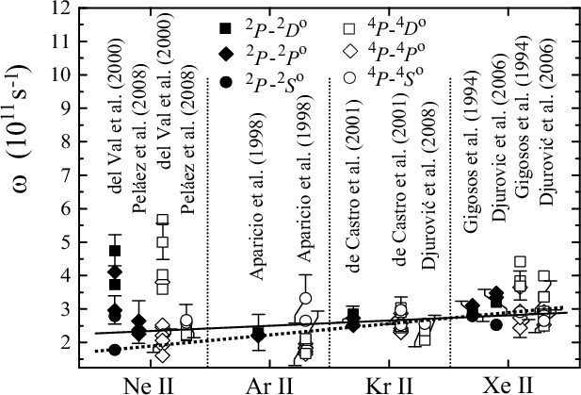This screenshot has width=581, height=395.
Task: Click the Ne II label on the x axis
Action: point(148,386)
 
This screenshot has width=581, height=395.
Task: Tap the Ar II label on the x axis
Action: point(269,386)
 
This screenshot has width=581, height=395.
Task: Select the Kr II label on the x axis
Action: point(389,386)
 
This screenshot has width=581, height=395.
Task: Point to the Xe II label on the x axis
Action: point(508,386)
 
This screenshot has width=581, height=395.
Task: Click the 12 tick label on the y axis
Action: point(62,8)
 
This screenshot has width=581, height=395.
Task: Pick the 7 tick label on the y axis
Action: point(68,175)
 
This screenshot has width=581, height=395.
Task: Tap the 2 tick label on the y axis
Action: point(68,342)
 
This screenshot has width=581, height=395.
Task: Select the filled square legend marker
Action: point(225,28)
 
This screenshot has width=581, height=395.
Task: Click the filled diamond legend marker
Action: point(225,55)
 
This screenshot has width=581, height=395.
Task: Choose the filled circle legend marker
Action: point(225,82)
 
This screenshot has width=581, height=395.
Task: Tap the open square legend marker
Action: point(349,28)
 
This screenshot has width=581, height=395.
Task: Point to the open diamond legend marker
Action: point(349,53)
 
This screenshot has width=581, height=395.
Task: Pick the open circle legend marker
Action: point(349,78)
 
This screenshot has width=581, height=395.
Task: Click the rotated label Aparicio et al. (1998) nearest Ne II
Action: point(257,200)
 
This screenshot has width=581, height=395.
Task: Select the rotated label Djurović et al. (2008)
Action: point(428,189)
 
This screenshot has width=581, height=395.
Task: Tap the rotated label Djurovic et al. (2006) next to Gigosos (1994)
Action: point(500,140)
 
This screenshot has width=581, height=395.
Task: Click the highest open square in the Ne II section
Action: point(162,219)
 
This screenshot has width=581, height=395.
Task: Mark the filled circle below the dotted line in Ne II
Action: point(115,350)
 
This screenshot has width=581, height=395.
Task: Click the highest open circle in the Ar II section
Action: point(306,298)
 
